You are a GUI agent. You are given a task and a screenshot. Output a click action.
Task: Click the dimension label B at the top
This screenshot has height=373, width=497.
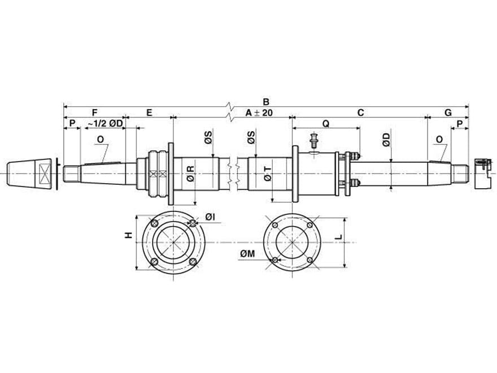pos(266,102)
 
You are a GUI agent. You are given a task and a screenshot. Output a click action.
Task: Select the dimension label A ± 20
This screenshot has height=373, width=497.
pos(259,112)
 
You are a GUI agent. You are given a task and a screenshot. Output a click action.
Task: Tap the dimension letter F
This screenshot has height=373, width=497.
pos(94,112)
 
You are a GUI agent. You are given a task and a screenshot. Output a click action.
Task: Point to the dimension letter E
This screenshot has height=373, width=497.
pos(149,112)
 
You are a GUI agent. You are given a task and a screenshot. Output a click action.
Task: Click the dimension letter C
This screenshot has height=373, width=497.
pos(361,112)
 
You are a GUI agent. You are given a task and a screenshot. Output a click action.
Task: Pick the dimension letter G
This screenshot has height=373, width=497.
pos(448,112)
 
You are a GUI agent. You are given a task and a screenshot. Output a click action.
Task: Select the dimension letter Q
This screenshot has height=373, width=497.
pos(326,124)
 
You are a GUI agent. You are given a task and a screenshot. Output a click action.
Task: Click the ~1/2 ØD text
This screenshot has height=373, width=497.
pos(104,123)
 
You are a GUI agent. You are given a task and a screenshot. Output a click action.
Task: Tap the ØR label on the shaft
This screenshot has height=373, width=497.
pos(190,173)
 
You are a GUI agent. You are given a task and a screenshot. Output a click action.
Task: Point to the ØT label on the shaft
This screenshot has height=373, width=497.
pos(268,174)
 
